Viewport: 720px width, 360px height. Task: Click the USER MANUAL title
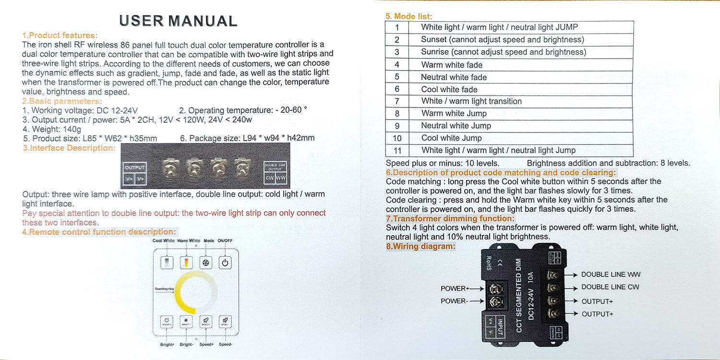tap(178, 21)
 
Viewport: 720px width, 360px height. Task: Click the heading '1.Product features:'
tap(60, 36)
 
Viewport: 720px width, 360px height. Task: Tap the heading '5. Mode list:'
tap(408, 16)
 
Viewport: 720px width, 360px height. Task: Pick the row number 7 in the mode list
tap(397, 101)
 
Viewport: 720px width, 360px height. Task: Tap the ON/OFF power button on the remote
tap(225, 263)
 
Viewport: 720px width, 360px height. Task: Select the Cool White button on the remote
tap(167, 263)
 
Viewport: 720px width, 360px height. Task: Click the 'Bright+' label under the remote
tap(167, 345)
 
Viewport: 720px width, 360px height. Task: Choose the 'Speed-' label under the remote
tap(226, 345)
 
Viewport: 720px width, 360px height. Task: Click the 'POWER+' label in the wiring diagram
tap(455, 288)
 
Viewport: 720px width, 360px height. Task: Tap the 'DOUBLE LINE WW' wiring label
tap(611, 275)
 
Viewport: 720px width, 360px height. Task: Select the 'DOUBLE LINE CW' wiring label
tap(610, 287)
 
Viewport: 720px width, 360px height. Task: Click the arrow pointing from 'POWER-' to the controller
tap(477, 301)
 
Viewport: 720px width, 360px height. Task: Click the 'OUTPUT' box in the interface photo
tap(135, 168)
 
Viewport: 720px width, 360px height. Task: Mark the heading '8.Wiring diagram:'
tap(420, 247)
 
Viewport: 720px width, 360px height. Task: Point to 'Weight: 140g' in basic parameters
tap(52, 129)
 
